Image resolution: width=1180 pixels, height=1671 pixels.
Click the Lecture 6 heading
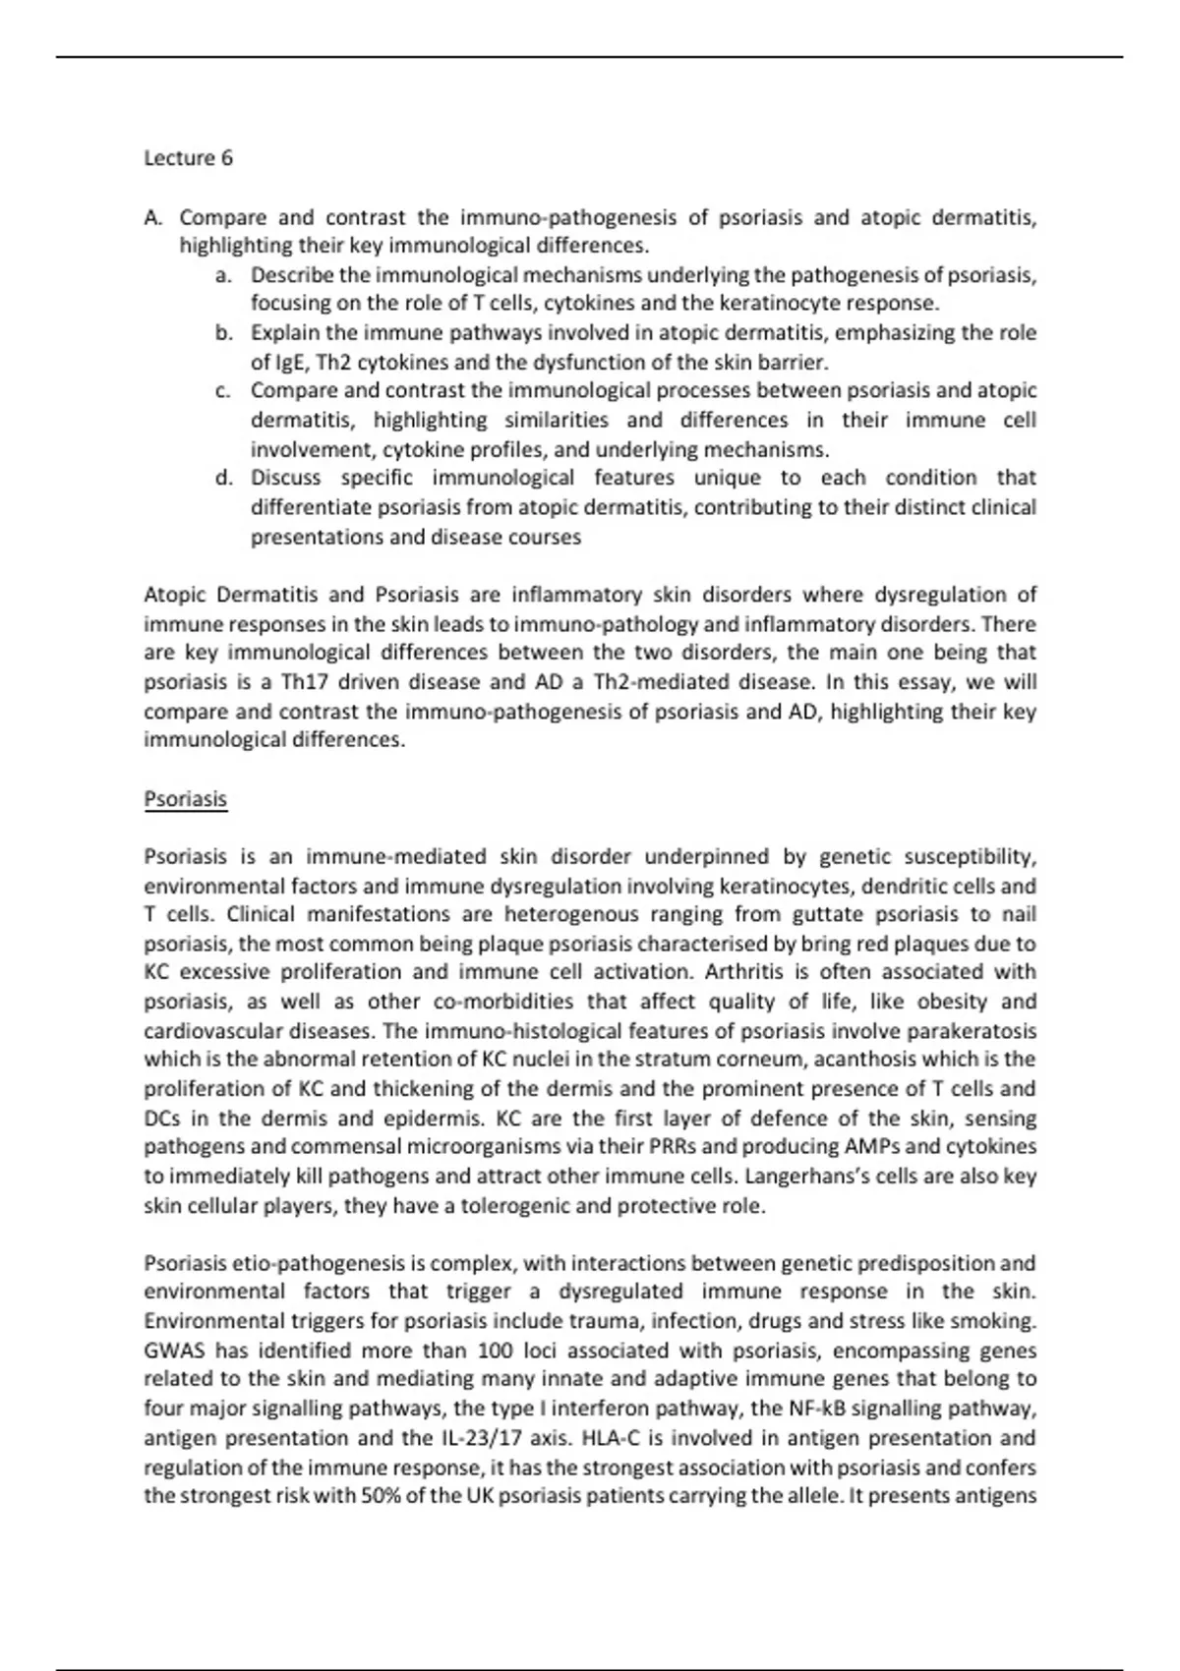(x=188, y=158)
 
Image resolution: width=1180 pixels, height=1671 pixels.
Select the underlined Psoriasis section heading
(x=185, y=798)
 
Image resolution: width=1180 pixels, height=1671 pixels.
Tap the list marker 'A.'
(x=153, y=217)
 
